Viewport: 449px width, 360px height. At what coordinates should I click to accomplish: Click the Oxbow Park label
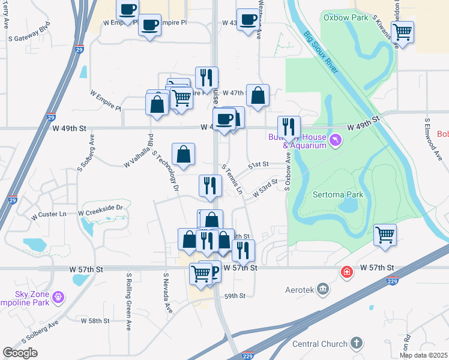pyautogui.click(x=345, y=17)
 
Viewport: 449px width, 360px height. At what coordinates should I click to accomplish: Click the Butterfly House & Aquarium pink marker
pyautogui.click(x=335, y=141)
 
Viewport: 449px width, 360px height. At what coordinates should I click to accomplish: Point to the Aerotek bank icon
pyautogui.click(x=324, y=290)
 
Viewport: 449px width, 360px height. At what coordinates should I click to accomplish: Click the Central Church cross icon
pyautogui.click(x=357, y=344)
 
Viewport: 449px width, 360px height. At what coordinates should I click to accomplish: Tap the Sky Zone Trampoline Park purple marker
pyautogui.click(x=58, y=296)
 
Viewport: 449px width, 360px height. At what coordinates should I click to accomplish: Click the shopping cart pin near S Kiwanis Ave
pyautogui.click(x=402, y=32)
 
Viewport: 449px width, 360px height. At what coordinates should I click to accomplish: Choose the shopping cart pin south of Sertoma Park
pyautogui.click(x=385, y=235)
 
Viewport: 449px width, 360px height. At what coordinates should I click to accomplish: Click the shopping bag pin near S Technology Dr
pyautogui.click(x=183, y=155)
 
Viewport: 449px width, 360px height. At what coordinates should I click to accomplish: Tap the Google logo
pyautogui.click(x=20, y=353)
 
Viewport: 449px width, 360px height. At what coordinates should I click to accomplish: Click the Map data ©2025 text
pyautogui.click(x=423, y=355)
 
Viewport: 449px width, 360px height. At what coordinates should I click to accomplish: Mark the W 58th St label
pyautogui.click(x=95, y=321)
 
